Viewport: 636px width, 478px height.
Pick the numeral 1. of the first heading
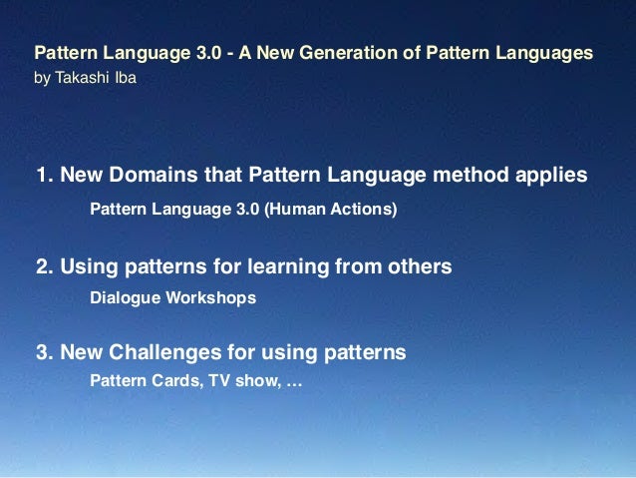pos(45,177)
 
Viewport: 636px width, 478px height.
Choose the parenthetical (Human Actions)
pos(330,210)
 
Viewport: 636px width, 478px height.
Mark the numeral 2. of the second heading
pos(45,266)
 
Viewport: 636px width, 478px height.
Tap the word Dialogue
pos(125,298)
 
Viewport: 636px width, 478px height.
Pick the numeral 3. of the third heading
pos(45,352)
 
